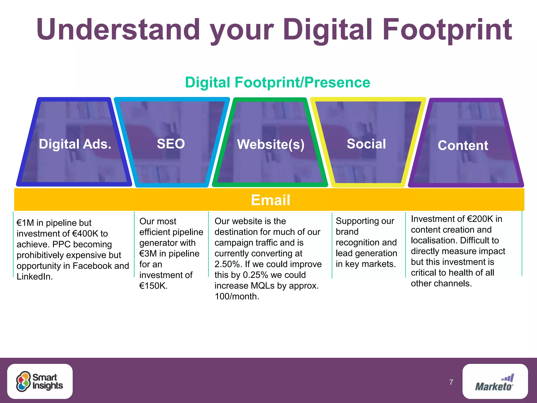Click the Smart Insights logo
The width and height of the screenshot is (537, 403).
40,381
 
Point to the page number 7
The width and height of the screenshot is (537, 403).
451,382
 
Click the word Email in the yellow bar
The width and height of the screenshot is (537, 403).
270,200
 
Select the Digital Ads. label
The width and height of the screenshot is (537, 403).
75,144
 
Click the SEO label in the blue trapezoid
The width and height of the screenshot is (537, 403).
171,144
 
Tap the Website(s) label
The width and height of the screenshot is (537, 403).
271,144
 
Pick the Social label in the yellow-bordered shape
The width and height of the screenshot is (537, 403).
366,144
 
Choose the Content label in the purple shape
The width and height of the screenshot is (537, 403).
463,145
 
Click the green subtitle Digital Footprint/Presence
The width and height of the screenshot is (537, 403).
277,82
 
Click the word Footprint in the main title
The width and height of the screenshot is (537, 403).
447,29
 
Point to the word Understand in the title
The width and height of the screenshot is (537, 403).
118,29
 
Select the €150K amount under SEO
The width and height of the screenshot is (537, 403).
153,286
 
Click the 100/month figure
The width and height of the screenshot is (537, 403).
237,296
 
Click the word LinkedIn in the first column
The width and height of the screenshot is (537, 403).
35,277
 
